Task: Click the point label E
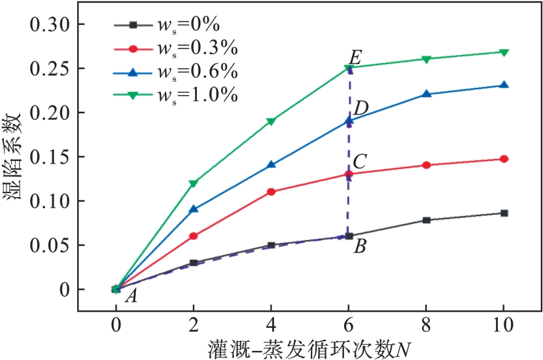tap(355, 56)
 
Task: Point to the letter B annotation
tap(359, 247)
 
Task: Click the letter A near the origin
tap(131, 297)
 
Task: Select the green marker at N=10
tap(504, 52)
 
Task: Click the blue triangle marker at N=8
tap(427, 94)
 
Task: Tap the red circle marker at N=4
tap(271, 192)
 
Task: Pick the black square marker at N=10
tap(504, 213)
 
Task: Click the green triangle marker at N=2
tap(194, 184)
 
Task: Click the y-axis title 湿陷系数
tap(18, 157)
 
